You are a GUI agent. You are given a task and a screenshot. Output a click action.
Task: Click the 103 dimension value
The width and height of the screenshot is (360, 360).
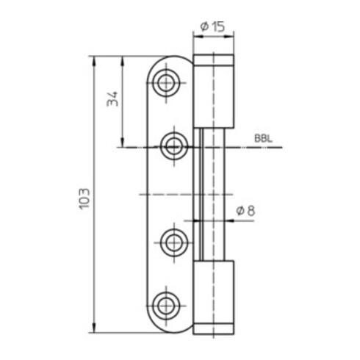click(x=84, y=198)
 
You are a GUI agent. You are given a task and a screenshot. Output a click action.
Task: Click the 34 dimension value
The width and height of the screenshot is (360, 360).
click(x=112, y=99)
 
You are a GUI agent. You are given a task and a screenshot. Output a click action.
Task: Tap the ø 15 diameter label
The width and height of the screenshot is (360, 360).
click(x=212, y=26)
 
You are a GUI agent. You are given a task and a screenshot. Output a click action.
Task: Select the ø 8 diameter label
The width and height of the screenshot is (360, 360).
click(x=245, y=211)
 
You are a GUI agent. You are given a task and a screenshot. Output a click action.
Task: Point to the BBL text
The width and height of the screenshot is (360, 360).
click(x=263, y=139)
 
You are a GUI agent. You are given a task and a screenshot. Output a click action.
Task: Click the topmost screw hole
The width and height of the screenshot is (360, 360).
click(x=166, y=83)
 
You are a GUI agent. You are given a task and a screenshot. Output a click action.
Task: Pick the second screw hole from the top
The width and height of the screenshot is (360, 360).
click(x=174, y=147)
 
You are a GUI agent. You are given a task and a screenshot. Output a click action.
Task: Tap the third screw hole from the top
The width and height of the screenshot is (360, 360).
click(x=174, y=242)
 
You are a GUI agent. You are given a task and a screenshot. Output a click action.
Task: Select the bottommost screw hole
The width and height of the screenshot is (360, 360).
click(x=166, y=306)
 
